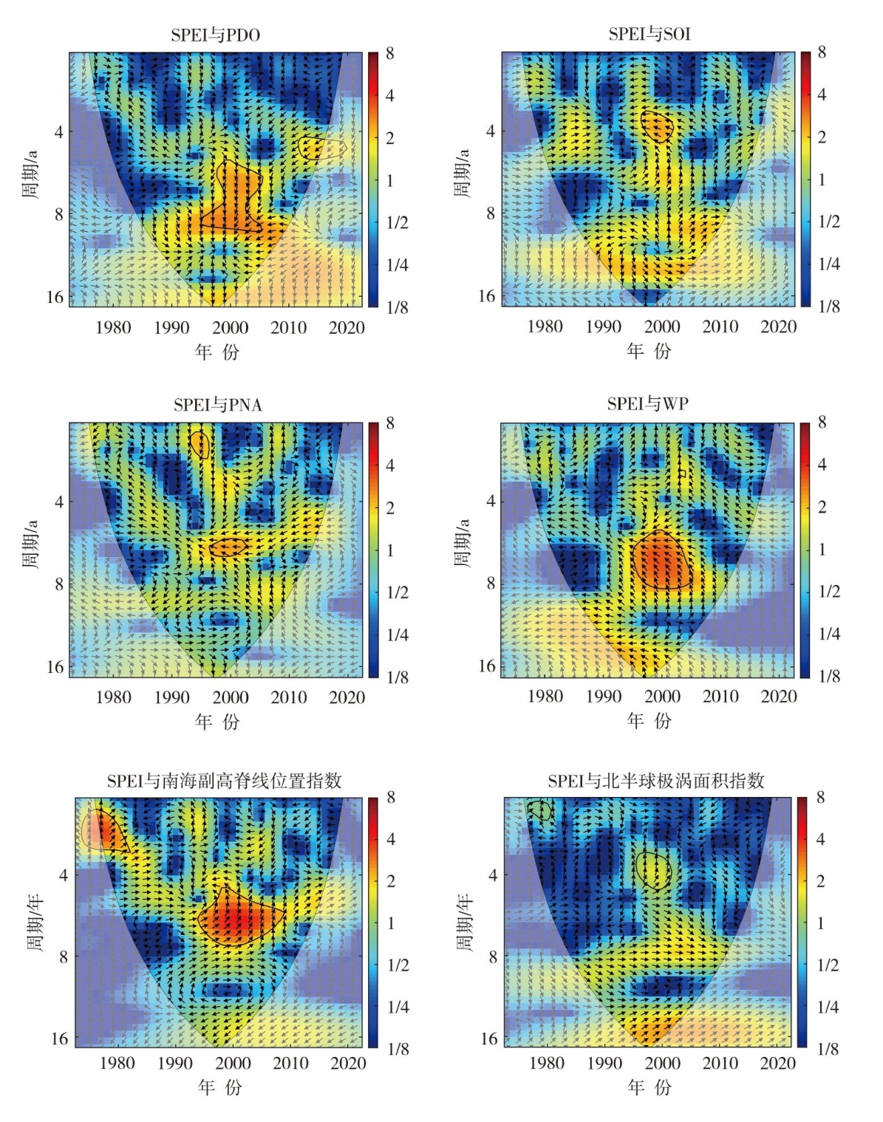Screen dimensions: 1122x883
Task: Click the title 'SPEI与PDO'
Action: [215, 35]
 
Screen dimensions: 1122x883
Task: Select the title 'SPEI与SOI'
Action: [650, 34]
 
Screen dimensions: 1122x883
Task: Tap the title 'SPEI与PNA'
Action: [217, 405]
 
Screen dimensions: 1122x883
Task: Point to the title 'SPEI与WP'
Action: [648, 403]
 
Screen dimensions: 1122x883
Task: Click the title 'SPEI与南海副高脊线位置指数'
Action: [224, 781]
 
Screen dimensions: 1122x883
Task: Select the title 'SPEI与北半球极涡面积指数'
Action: [655, 781]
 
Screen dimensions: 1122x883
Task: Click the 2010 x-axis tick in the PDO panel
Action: [288, 328]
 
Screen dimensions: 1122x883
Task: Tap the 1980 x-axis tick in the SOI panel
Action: [545, 326]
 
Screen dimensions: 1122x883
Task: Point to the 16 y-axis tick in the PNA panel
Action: [55, 667]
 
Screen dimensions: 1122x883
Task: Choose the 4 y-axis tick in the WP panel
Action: [491, 501]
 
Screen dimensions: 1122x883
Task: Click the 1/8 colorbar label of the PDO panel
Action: [397, 307]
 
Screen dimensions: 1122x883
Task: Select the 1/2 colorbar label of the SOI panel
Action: [829, 222]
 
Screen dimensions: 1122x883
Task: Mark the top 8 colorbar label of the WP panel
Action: [822, 423]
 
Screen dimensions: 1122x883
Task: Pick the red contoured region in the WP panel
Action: [662, 560]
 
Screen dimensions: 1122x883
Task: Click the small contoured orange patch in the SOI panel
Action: [657, 126]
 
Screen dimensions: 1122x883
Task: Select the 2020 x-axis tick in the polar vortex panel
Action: [777, 1063]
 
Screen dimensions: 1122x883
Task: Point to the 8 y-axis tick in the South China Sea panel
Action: [63, 957]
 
